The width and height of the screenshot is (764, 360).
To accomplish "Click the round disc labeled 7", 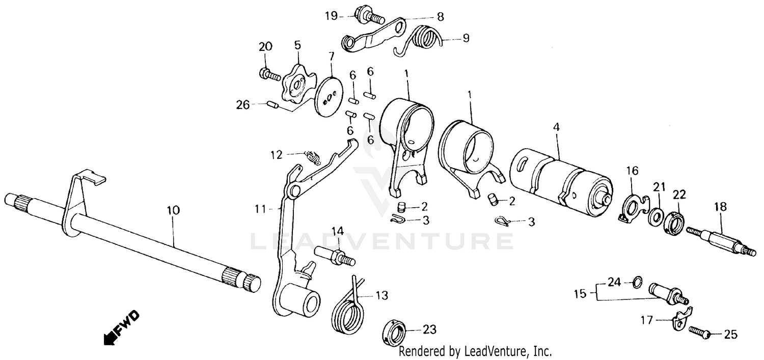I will (x=328, y=97).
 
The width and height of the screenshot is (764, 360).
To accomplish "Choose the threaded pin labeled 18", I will (x=719, y=240).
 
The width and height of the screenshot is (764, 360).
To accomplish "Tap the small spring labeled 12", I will (x=313, y=157).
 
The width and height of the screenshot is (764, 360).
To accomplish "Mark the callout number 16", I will (x=632, y=171).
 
